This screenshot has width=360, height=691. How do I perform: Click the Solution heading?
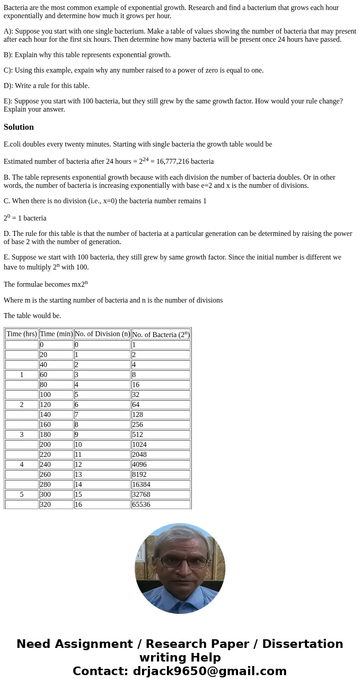pyautogui.click(x=19, y=127)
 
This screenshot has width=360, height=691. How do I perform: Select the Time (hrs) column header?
pyautogui.click(x=22, y=334)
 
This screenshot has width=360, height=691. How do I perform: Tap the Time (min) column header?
pyautogui.click(x=56, y=334)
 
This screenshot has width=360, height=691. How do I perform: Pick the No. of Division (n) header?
pyautogui.click(x=102, y=334)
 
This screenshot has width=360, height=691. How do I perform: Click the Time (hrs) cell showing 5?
pyautogui.click(x=22, y=495)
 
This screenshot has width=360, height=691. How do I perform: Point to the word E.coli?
pyautogui.click(x=13, y=144)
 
